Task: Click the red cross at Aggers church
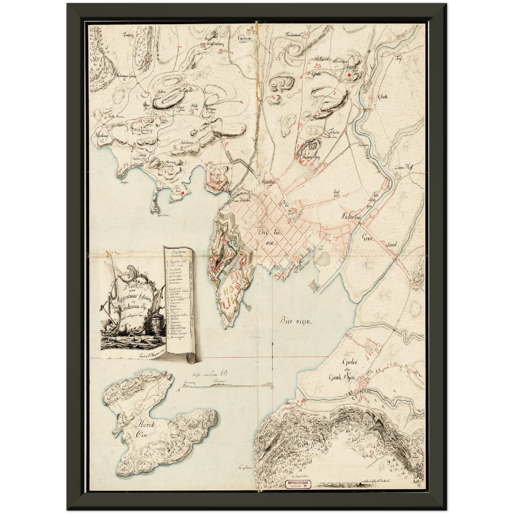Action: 349,75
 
